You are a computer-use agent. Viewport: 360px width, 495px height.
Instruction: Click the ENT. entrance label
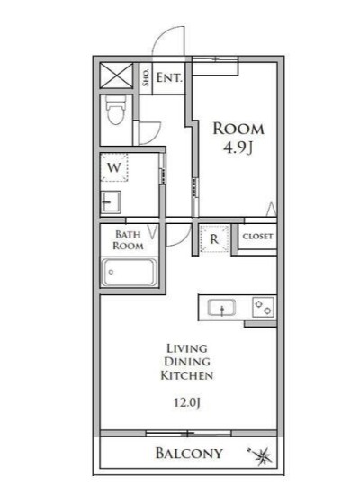click(x=169, y=78)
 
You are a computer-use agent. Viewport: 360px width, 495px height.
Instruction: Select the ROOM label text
click(x=238, y=128)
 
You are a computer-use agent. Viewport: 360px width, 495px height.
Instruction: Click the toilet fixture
click(x=116, y=112)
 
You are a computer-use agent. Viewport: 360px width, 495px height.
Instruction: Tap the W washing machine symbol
click(x=114, y=167)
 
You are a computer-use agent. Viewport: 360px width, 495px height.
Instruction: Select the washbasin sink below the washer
click(x=112, y=201)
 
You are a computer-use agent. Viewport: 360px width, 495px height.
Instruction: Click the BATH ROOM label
click(x=127, y=239)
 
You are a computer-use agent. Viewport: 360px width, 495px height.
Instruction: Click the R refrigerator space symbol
click(x=214, y=239)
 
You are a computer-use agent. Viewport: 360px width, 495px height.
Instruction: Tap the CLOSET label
click(x=257, y=237)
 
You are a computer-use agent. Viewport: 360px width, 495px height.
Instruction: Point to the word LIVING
click(x=187, y=346)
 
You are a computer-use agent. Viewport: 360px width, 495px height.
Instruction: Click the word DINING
click(x=187, y=360)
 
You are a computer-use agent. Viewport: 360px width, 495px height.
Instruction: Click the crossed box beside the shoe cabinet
click(x=116, y=74)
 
